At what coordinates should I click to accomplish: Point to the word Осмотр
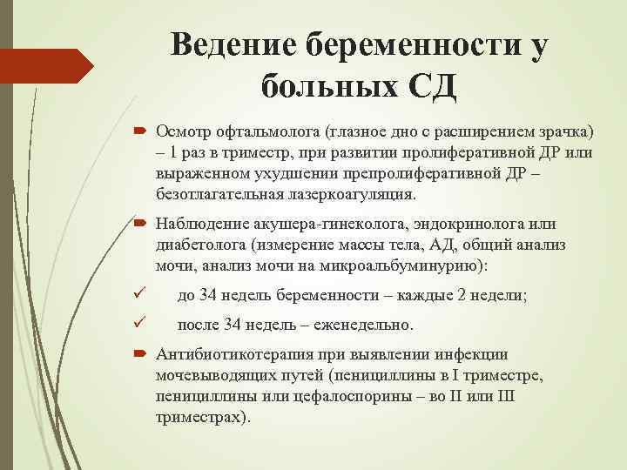coord(183,131)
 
